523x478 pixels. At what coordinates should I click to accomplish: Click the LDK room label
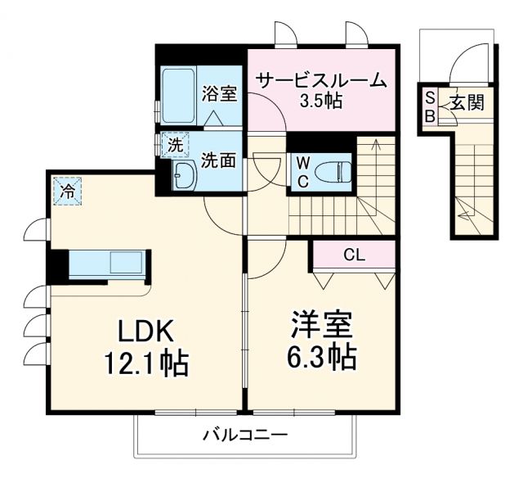point(147,331)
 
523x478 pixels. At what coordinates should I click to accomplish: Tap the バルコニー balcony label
point(245,435)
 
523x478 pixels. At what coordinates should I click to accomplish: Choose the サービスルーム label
point(320,81)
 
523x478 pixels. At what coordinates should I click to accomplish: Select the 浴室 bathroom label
point(219,93)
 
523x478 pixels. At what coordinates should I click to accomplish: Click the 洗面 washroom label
point(219,160)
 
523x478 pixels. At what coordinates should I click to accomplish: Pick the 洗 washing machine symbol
point(175,145)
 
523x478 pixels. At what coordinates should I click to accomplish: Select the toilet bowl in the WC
point(334,171)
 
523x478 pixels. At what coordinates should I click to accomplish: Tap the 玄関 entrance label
point(467,103)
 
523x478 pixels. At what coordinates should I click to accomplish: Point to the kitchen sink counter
point(106,264)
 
